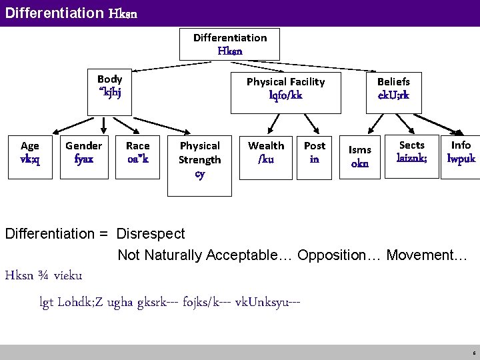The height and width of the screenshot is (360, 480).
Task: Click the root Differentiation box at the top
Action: click(x=230, y=44)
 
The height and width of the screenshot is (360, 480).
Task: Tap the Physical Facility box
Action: click(x=285, y=89)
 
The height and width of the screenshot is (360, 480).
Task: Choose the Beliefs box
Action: click(x=393, y=89)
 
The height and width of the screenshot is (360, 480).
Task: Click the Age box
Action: click(x=30, y=153)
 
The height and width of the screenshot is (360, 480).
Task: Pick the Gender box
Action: click(x=84, y=153)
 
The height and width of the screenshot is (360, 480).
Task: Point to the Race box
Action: click(x=138, y=153)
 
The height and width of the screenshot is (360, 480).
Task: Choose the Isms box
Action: click(x=360, y=157)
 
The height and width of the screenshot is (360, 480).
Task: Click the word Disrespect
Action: click(x=151, y=234)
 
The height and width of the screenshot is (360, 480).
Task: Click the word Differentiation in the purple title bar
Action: click(x=53, y=13)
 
